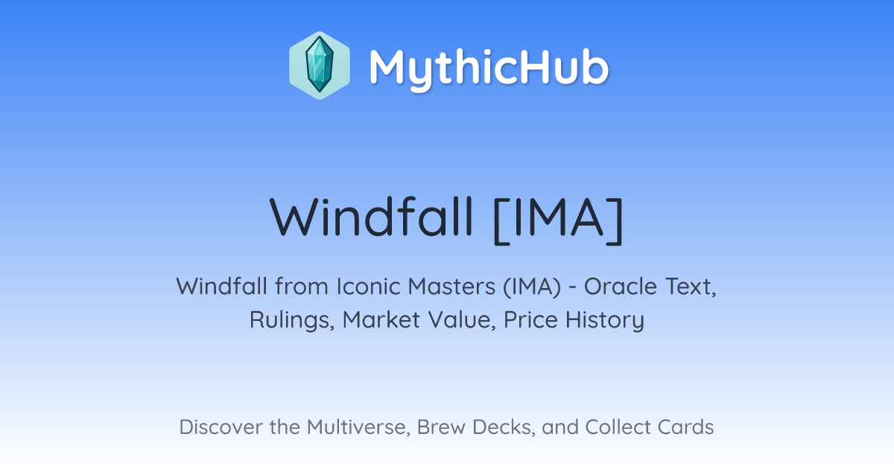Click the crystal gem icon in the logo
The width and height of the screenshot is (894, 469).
point(320,65)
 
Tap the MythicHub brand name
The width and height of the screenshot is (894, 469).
point(489,68)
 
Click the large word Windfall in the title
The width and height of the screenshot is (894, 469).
point(371,217)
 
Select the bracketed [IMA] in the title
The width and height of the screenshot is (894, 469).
point(558,220)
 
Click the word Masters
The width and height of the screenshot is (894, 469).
point(451,287)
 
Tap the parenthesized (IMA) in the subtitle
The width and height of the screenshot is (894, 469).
point(532,287)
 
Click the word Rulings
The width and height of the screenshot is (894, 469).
point(292,321)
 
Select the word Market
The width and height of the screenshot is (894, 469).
point(381,319)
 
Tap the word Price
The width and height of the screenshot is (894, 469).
point(530,319)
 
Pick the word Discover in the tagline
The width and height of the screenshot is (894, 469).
point(220,427)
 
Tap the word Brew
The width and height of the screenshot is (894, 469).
point(441,427)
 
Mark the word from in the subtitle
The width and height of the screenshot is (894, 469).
point(301,287)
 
